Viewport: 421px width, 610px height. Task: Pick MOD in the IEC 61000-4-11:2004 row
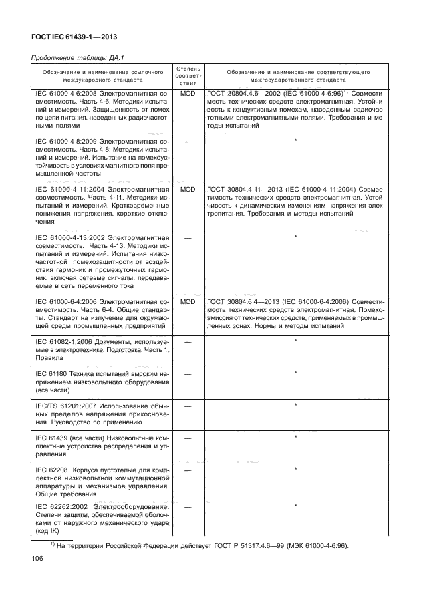pyautogui.click(x=188, y=189)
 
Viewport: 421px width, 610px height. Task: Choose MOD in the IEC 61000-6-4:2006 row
pyautogui.click(x=188, y=302)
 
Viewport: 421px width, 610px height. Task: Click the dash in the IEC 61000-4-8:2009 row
pyautogui.click(x=188, y=141)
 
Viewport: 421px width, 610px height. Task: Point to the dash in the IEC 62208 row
pyautogui.click(x=188, y=470)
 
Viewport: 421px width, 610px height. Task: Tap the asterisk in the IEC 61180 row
pyautogui.click(x=295, y=373)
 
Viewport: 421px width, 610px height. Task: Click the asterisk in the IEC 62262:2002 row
pyautogui.click(x=295, y=506)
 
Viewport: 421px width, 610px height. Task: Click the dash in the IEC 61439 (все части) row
pyautogui.click(x=188, y=438)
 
